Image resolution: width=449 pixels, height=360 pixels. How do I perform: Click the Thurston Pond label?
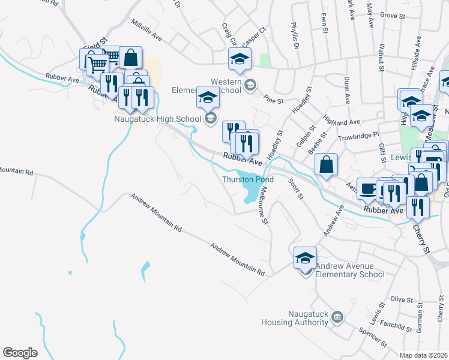click(248, 179)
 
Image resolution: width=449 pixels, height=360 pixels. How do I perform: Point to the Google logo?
click(20, 352)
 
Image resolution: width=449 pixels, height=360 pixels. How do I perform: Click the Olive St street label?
click(399, 298)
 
